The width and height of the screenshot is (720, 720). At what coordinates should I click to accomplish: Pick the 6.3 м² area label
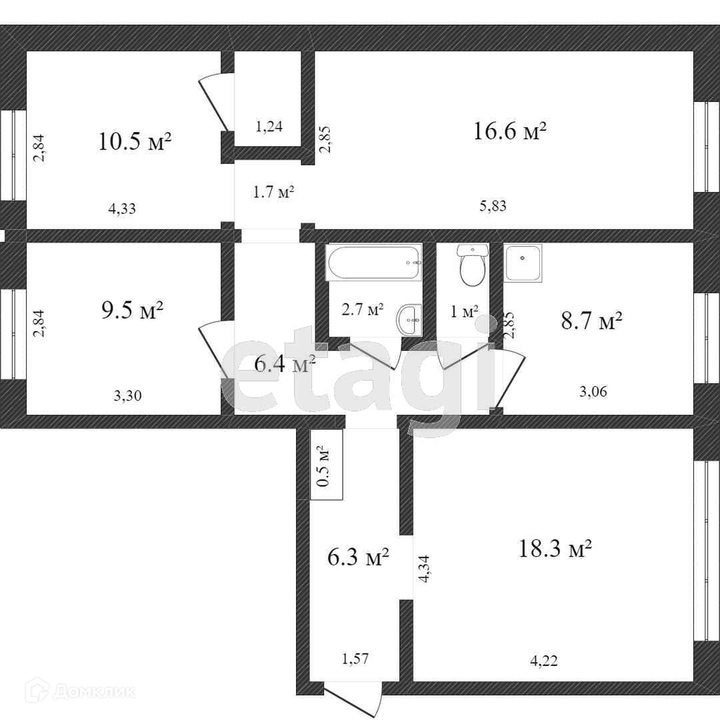point(359,557)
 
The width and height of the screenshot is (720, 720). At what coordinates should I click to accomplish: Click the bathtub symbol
point(373,262)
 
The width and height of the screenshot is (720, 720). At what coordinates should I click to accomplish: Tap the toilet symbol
point(472,267)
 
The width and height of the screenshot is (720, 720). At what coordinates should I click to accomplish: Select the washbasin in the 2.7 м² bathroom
point(409,320)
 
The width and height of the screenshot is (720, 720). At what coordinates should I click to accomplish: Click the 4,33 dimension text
point(122,208)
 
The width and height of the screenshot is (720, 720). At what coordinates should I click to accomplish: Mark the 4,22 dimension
point(543,661)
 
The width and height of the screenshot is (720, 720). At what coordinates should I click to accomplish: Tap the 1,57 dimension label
point(355,659)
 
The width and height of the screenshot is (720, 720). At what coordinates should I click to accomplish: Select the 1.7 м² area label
point(273,193)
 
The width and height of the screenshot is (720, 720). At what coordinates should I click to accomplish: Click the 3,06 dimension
point(593,391)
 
